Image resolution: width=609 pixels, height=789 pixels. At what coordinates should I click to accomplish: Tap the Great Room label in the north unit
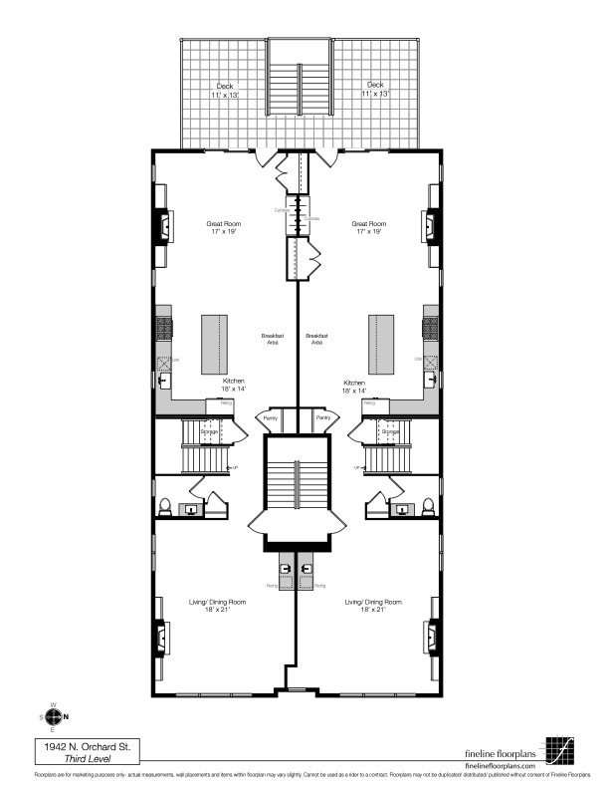click(369, 224)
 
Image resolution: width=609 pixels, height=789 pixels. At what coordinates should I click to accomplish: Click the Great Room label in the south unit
click(224, 224)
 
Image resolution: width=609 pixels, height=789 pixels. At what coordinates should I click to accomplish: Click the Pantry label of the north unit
click(323, 417)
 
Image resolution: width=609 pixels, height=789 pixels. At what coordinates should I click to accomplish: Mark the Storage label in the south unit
click(209, 431)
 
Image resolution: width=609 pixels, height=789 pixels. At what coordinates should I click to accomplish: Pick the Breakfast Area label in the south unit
click(271, 339)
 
